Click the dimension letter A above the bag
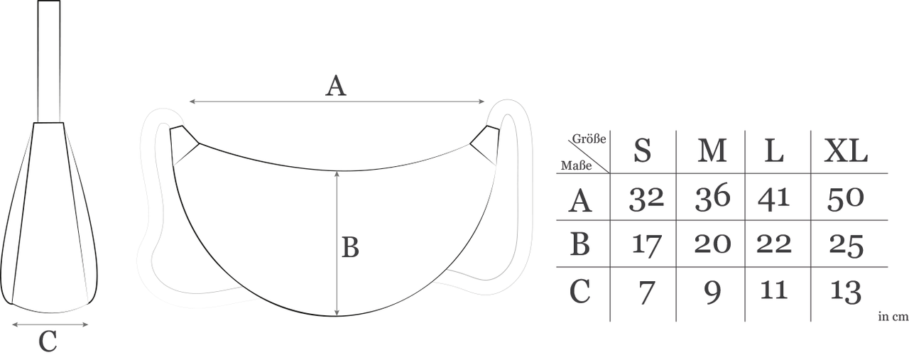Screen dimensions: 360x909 (x=336, y=87)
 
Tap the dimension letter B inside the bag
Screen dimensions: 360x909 (x=350, y=247)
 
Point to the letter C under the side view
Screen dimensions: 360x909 (x=48, y=342)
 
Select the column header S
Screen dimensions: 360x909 (x=642, y=151)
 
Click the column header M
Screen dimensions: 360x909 (x=712, y=151)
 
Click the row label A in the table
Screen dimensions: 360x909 (x=580, y=202)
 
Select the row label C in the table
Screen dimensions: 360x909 (x=580, y=292)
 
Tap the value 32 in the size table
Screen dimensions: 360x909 (x=646, y=199)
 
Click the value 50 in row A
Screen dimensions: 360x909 (x=845, y=199)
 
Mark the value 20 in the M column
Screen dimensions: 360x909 (x=712, y=244)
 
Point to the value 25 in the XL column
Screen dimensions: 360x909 (x=846, y=245)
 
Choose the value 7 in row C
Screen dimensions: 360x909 (x=645, y=292)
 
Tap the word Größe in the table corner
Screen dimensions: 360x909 (x=589, y=139)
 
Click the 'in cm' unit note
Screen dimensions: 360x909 (x=893, y=317)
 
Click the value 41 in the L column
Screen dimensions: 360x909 (x=773, y=198)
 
